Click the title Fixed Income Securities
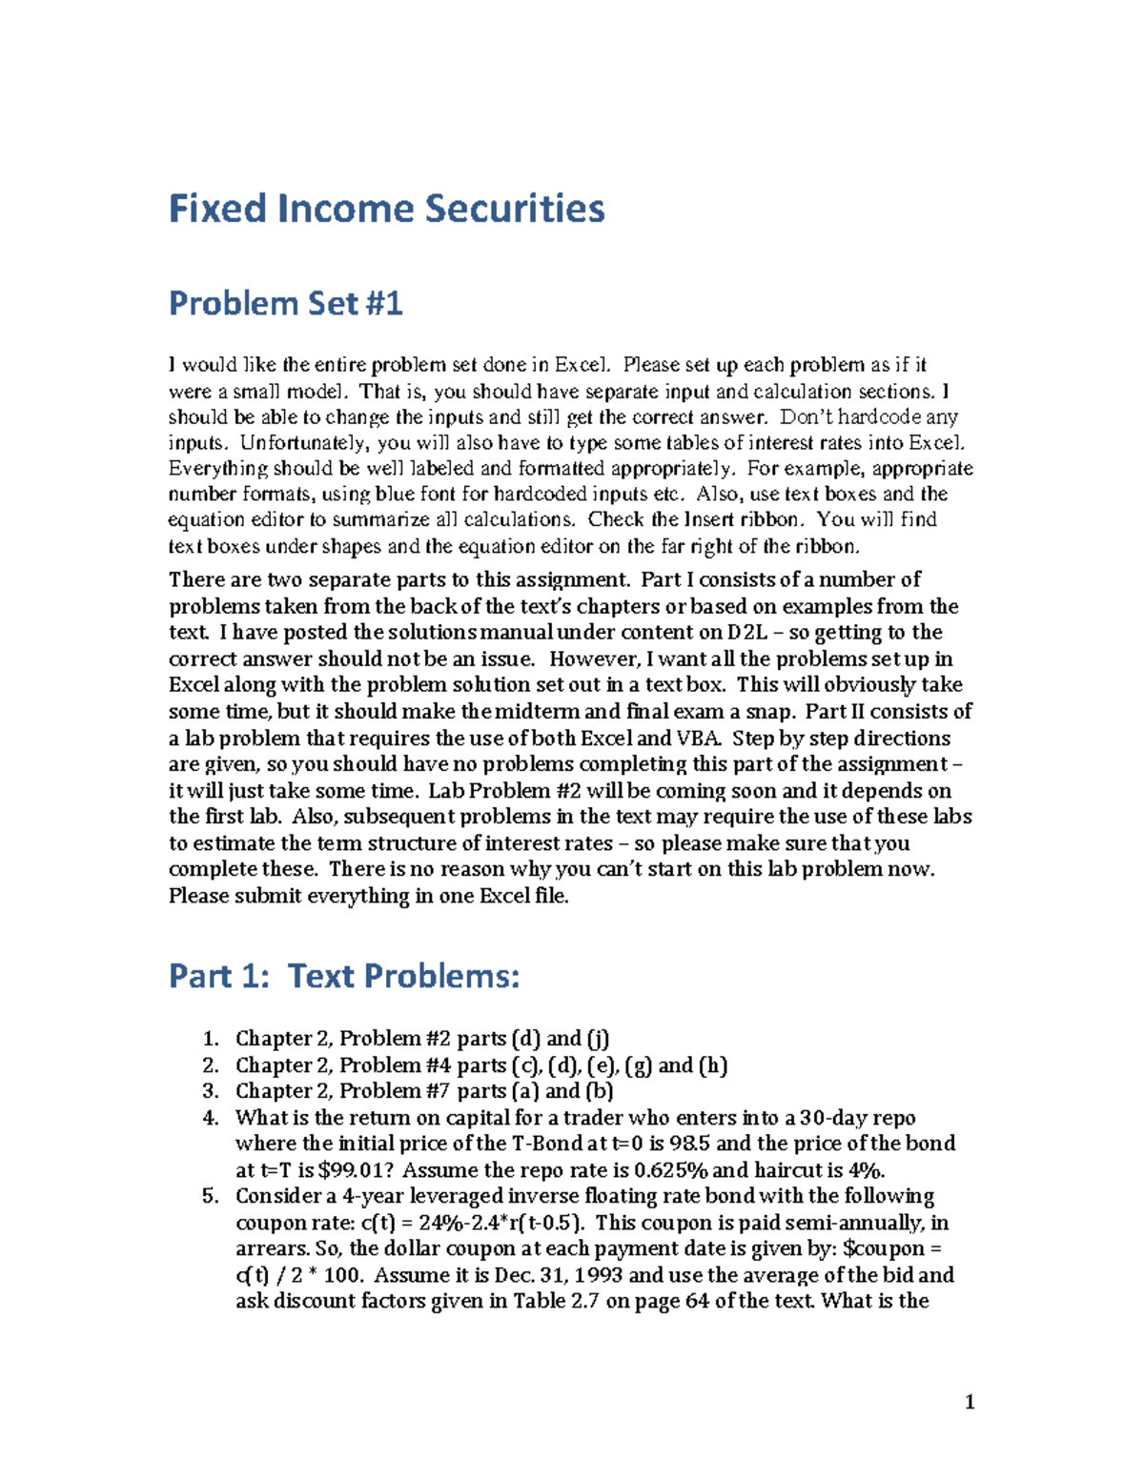[386, 209]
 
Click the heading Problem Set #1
[285, 304]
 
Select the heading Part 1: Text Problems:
[344, 977]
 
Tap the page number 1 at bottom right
[970, 1402]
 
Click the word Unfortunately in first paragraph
[304, 443]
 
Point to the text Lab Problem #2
[504, 791]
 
